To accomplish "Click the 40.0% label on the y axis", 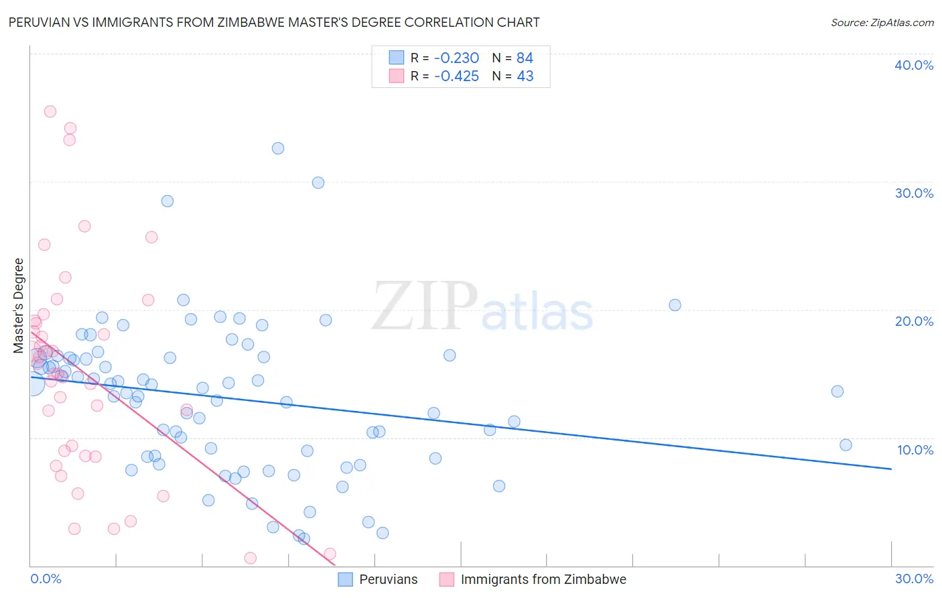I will click(914, 65).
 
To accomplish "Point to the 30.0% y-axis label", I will click(914, 193).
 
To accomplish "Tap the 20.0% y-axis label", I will click(914, 321).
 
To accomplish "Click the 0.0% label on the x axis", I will click(46, 579).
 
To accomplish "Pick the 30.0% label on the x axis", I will click(914, 579).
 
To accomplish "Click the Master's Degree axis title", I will click(19, 306).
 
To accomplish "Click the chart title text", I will click(274, 22).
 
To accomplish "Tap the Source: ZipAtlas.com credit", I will click(882, 23).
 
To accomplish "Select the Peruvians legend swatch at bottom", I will click(345, 579).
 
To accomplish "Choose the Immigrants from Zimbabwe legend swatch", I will click(446, 579).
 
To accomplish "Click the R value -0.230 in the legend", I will click(456, 58).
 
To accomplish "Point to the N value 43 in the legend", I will click(525, 76).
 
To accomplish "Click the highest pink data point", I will click(50, 111).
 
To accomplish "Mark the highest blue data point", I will click(278, 148).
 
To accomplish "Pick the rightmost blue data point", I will click(846, 445).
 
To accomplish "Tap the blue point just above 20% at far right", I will click(675, 305).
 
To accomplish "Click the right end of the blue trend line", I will click(891, 469).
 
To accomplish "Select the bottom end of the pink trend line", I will click(334, 566).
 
